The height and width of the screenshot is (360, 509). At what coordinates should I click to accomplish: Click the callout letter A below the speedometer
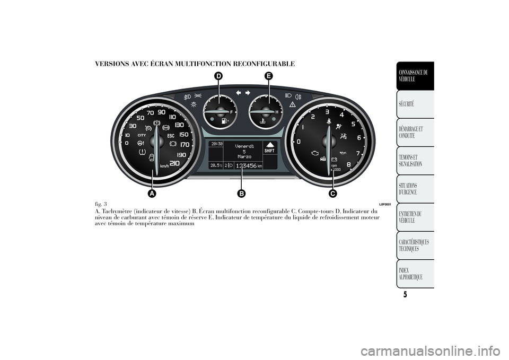click(x=152, y=194)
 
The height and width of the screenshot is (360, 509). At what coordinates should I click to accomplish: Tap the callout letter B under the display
click(x=242, y=194)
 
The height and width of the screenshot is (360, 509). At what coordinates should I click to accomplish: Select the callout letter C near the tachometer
click(x=332, y=194)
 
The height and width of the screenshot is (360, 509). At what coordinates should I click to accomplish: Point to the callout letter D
click(x=218, y=77)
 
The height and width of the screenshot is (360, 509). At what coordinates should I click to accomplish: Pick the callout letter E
click(x=269, y=77)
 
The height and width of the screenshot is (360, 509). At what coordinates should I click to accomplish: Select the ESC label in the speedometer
click(x=171, y=136)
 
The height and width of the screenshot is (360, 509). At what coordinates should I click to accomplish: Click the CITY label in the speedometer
click(x=142, y=136)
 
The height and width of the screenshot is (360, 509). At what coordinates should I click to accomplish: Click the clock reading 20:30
click(x=216, y=143)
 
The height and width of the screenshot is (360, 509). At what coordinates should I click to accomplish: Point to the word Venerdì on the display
click(x=244, y=145)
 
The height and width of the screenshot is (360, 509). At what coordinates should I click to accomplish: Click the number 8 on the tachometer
click(x=348, y=164)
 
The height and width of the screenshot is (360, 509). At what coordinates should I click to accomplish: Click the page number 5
click(x=405, y=295)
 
